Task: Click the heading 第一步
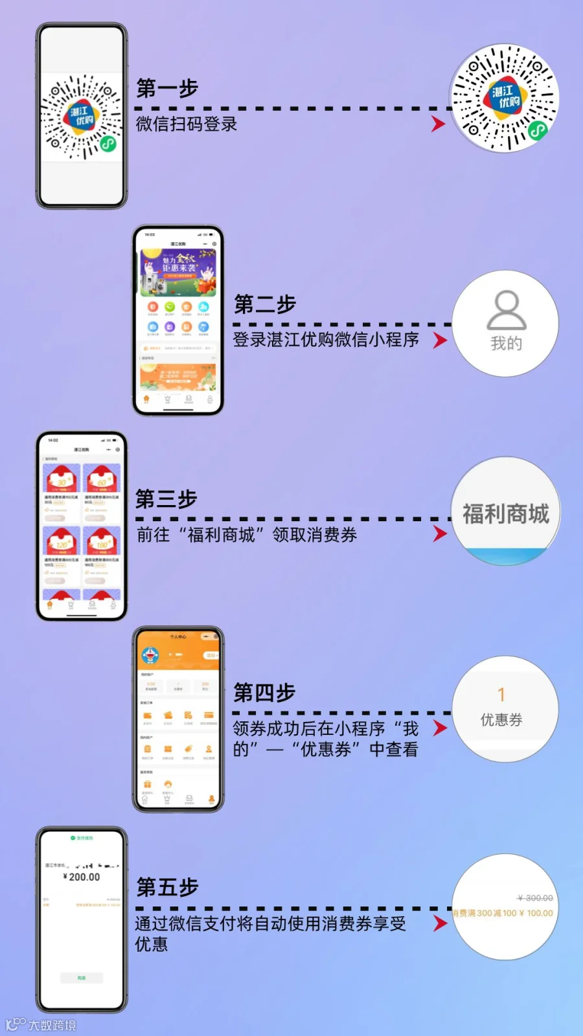coord(167,88)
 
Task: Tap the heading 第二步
coord(265,304)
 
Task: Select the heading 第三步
coord(166,499)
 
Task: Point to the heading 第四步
coord(264,693)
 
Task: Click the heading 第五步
coord(167,887)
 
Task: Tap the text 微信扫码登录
coord(187,124)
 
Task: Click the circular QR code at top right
coord(505,98)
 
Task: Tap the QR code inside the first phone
coord(81,117)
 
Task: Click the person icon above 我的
coord(506,310)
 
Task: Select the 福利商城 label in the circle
coord(505,514)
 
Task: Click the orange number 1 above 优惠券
coord(501,695)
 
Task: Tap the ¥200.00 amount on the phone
coord(82,877)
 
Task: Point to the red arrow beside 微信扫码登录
coord(439,124)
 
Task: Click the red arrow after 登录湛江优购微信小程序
coord(440,340)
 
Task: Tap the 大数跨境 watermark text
coord(52,1025)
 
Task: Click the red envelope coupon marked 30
coord(62,479)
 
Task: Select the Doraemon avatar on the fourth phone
coord(150,655)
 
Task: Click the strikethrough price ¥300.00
coord(535,898)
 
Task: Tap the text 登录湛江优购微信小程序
coord(326,339)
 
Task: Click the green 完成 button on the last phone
coord(82,978)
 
